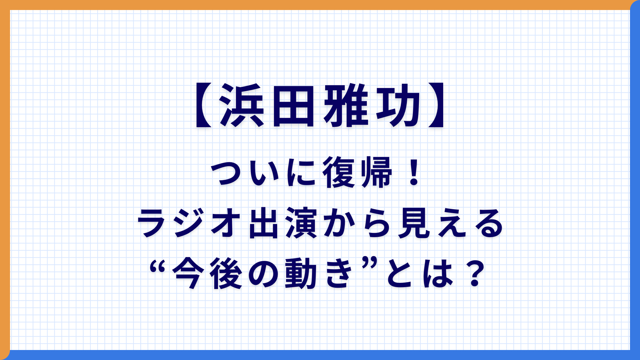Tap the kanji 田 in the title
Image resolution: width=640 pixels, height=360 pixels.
click(291, 105)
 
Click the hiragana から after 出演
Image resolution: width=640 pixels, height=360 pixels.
click(357, 223)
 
